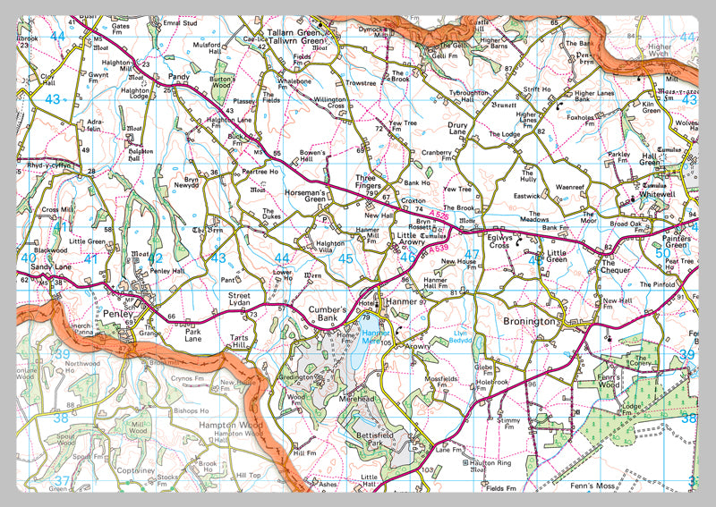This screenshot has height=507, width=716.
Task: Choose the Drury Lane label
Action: coord(457,129)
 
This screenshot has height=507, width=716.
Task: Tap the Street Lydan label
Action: coord(240,300)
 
